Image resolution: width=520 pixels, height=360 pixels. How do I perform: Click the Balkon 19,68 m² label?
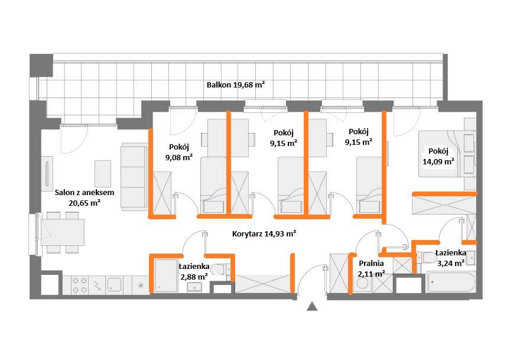click(x=235, y=85)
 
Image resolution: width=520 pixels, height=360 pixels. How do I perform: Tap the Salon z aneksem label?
click(x=84, y=193)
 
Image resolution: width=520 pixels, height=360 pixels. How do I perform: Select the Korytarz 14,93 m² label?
click(x=264, y=234)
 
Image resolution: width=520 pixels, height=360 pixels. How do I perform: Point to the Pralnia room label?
click(x=372, y=264)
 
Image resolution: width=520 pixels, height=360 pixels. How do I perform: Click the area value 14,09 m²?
click(x=438, y=162)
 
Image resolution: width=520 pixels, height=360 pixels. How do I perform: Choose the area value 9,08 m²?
click(x=179, y=157)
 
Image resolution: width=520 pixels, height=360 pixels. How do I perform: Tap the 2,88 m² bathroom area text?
click(x=194, y=277)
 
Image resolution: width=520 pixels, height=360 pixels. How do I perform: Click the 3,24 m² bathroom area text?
click(x=451, y=264)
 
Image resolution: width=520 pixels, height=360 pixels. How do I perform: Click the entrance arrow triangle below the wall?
click(x=312, y=307)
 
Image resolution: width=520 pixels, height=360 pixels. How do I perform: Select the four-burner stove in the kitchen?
click(x=80, y=285)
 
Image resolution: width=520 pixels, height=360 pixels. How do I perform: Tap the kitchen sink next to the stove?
click(x=115, y=285)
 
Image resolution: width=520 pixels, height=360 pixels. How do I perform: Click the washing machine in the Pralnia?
click(x=362, y=284)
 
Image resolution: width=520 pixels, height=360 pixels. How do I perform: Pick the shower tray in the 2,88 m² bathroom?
click(x=166, y=276)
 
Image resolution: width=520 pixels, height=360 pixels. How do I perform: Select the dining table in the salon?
click(x=63, y=232)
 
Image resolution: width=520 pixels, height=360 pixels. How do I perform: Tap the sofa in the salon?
click(x=134, y=177)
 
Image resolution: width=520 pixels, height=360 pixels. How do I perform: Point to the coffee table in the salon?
click(x=103, y=174)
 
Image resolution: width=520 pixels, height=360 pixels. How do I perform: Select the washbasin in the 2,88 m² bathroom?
click(x=195, y=287)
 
